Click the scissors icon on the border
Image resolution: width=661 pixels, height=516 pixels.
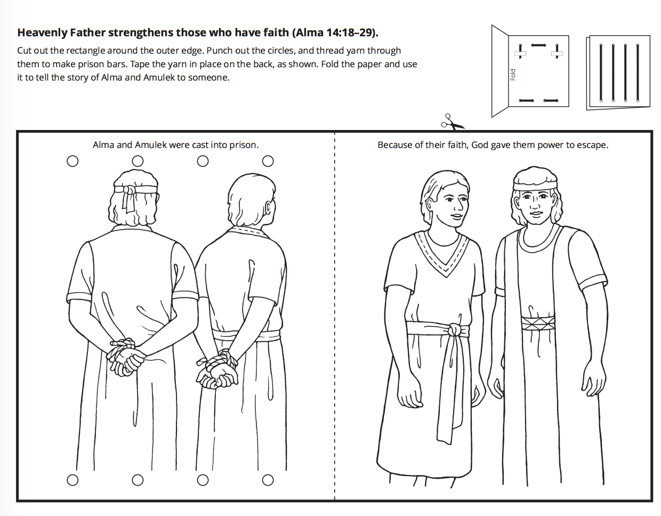coord(452,123)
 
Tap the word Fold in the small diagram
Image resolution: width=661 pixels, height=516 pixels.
coord(513,75)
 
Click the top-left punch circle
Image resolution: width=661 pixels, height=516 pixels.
coord(72,161)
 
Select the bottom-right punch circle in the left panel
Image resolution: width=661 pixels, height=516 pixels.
coord(268,480)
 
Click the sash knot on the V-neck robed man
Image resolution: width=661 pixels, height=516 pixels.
coord(455,330)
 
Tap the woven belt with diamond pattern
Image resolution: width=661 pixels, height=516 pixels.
coord(538,323)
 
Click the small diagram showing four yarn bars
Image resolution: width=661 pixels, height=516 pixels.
coord(618,72)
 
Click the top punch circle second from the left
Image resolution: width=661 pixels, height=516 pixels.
coord(138,161)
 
